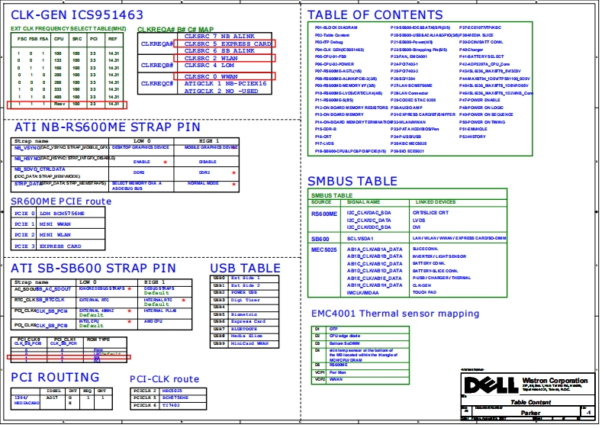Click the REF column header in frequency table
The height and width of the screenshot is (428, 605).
click(113, 38)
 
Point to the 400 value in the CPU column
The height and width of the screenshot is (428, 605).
click(57, 98)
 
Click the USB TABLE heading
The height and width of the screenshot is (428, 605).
click(245, 268)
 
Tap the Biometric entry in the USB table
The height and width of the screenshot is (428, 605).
click(244, 314)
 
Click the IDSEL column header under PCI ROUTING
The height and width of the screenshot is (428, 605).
click(53, 391)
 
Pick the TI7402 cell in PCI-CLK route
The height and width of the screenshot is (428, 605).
click(171, 404)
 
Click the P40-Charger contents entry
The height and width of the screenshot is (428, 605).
click(471, 49)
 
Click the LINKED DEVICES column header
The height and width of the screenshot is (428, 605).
click(434, 202)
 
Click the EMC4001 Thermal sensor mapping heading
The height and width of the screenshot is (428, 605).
click(395, 314)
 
